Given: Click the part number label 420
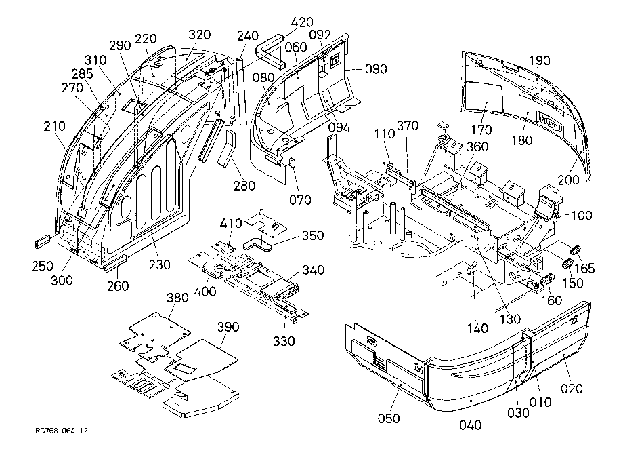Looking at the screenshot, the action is click(x=302, y=22).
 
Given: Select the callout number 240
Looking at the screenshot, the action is click(x=248, y=36).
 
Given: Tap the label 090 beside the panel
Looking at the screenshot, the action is click(x=376, y=68).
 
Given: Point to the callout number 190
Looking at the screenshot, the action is click(x=540, y=60).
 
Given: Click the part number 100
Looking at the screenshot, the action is click(x=582, y=216).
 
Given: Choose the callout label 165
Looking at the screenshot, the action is click(x=584, y=269).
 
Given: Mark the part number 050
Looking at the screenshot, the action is click(x=389, y=418).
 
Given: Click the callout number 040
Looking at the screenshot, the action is click(x=471, y=425).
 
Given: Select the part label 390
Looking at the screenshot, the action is click(x=228, y=327).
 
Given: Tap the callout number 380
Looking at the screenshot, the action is click(x=177, y=298).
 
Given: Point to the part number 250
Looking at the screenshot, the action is click(x=43, y=266).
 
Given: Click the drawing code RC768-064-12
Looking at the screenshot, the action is click(x=62, y=431).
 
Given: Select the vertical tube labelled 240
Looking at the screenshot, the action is click(x=242, y=92).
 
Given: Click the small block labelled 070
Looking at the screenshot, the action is click(x=291, y=163).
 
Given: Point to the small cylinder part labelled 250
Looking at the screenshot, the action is click(x=43, y=241).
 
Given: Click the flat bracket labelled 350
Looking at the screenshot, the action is click(x=257, y=244).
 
